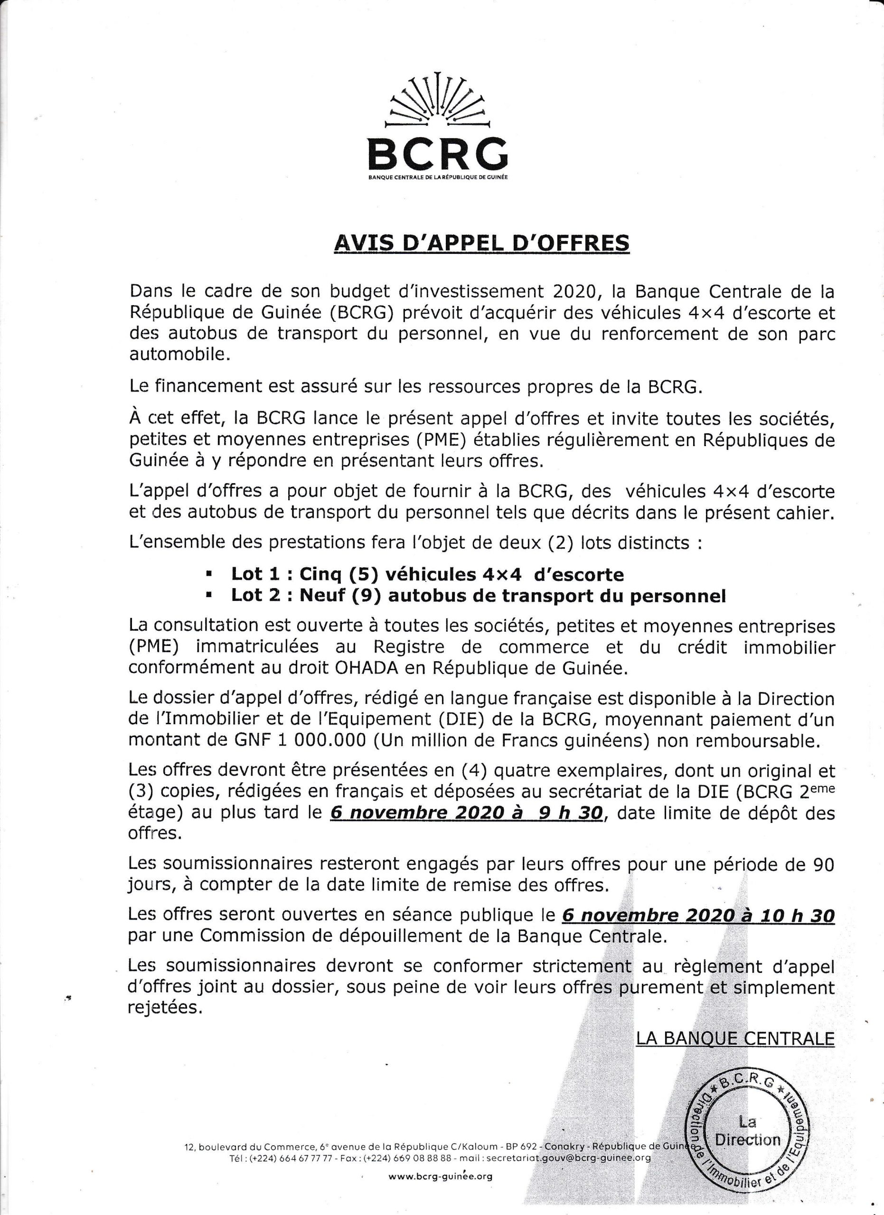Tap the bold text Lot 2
[253, 596]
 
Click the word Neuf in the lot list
[320, 596]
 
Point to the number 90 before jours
[823, 865]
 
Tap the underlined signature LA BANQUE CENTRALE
[735, 1039]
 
